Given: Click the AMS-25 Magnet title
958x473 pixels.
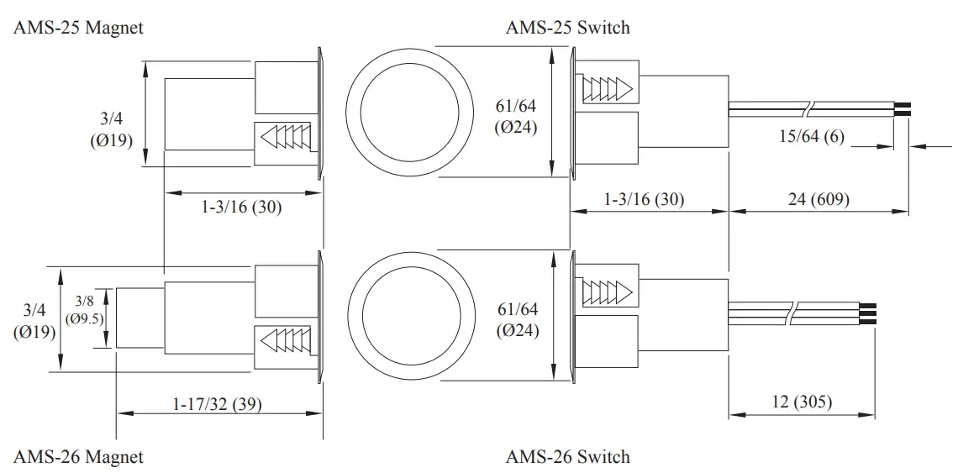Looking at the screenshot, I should tap(78, 28).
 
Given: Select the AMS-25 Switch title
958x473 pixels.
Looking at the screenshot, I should tap(567, 28).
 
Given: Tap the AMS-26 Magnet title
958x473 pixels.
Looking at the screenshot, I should tap(78, 457).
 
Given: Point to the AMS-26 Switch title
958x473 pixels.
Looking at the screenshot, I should tap(567, 457).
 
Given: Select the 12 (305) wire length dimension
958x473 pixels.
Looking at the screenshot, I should tap(801, 402).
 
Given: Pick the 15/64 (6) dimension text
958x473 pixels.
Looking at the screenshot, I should tap(811, 136).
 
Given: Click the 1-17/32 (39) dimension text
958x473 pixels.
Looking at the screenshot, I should tap(217, 404).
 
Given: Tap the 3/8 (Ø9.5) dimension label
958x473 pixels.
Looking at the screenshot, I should tap(84, 310).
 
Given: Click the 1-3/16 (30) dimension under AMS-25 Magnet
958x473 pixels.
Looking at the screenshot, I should tap(241, 206).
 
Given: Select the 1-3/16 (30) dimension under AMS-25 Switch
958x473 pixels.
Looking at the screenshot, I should tap(645, 200).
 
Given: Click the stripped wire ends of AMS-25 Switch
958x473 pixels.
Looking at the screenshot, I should tap(903, 108).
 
